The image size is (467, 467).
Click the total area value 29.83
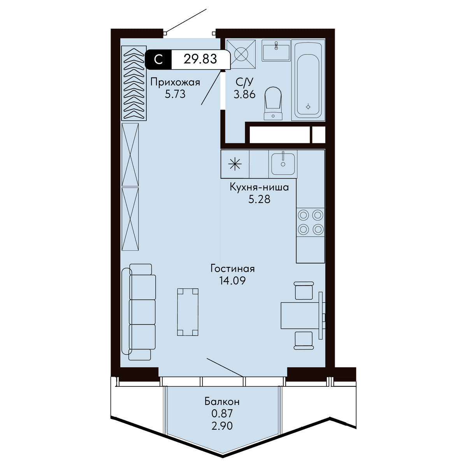[200, 59]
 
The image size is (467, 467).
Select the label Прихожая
[175, 83]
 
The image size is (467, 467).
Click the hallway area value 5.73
[175, 94]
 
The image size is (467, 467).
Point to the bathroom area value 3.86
[244, 94]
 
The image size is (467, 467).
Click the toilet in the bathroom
[273, 103]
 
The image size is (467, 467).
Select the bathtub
[308, 80]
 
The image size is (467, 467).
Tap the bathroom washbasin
[276, 51]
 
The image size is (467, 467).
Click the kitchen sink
[283, 163]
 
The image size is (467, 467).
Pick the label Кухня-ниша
[259, 188]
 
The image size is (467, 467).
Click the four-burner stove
[311, 222]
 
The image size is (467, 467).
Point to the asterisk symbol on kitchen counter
[235, 164]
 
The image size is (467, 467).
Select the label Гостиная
[232, 269]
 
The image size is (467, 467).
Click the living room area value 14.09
[232, 281]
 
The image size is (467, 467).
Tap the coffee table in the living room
[188, 312]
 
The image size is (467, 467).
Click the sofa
[139, 312]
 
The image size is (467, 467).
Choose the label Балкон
[222, 402]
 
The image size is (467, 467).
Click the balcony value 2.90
[222, 426]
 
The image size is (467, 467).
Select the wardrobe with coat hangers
[134, 83]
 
